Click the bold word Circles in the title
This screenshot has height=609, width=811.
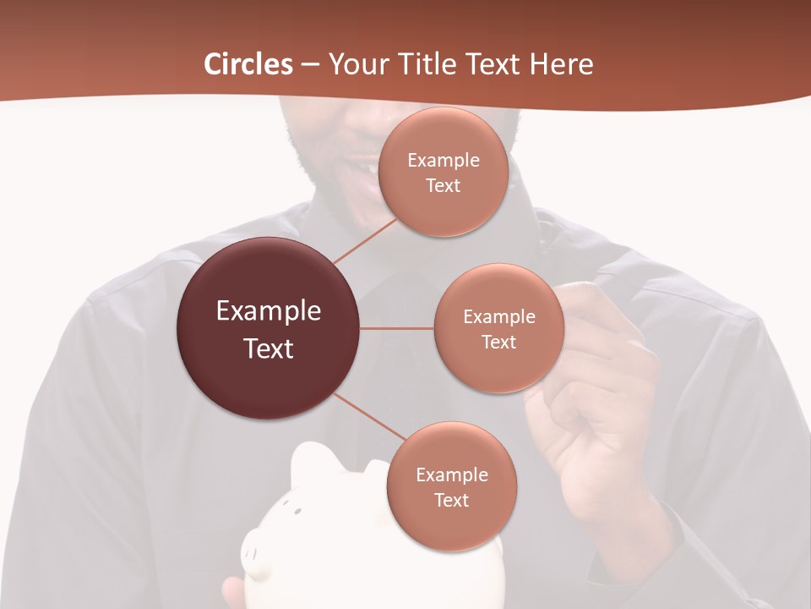(248, 64)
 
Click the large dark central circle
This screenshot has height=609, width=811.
(268, 329)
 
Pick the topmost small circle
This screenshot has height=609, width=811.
(443, 172)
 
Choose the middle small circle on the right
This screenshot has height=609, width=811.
(498, 329)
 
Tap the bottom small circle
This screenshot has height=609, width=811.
(451, 487)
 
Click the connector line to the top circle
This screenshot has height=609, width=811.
(365, 239)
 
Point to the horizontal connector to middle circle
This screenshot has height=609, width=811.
(396, 328)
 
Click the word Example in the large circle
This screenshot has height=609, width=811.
(268, 311)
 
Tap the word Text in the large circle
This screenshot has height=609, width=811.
(268, 348)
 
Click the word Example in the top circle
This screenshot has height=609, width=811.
(443, 160)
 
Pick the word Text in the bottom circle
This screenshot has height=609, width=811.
(451, 500)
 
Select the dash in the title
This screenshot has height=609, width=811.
(310, 65)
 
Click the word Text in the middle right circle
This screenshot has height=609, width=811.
(498, 342)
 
